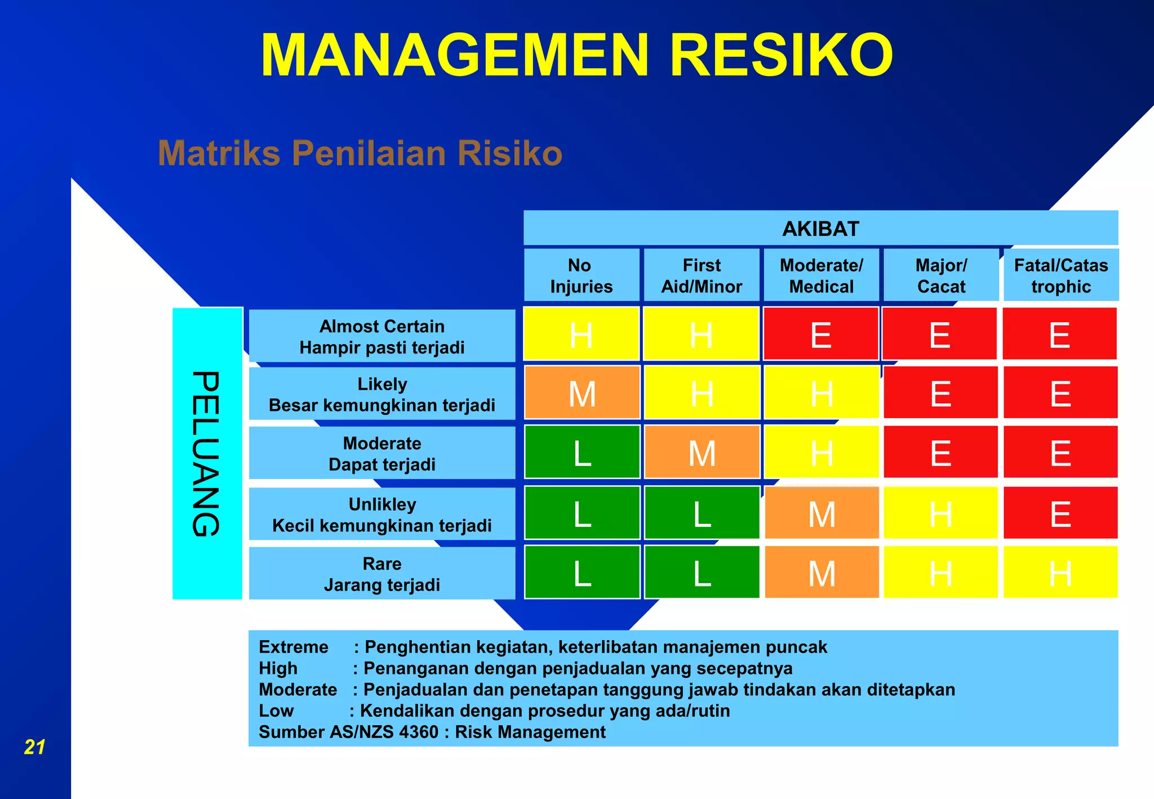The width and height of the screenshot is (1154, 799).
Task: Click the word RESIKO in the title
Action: tap(781, 55)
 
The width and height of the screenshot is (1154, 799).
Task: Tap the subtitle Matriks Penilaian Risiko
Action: tap(360, 153)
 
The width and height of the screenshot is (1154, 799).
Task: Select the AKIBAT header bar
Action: tap(820, 229)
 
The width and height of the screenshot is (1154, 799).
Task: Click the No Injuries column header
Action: tap(581, 276)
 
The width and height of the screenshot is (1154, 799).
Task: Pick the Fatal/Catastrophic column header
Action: tap(1060, 276)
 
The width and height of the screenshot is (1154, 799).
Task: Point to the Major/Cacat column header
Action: tap(940, 276)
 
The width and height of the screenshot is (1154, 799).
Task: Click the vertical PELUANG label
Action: tap(207, 454)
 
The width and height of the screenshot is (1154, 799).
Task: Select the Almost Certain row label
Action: tap(382, 336)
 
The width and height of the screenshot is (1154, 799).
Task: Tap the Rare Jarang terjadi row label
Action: tap(382, 574)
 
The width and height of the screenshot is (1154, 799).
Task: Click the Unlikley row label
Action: tap(382, 514)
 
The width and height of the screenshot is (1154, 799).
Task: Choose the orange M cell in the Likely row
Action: tap(582, 393)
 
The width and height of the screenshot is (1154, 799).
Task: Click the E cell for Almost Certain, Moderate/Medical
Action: tap(820, 334)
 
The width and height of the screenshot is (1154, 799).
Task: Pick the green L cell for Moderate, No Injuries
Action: tap(582, 452)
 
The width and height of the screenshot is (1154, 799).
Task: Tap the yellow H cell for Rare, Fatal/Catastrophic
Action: tap(1060, 572)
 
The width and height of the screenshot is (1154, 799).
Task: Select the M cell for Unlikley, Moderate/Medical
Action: tap(821, 513)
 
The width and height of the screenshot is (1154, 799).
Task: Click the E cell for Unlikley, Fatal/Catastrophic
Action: tap(1060, 513)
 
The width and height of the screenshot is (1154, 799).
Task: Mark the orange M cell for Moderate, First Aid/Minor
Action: tap(702, 452)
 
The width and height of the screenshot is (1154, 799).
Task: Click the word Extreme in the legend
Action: tap(293, 647)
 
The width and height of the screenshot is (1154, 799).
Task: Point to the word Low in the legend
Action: tap(276, 711)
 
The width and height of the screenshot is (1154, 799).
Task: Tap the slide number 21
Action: tap(34, 747)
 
